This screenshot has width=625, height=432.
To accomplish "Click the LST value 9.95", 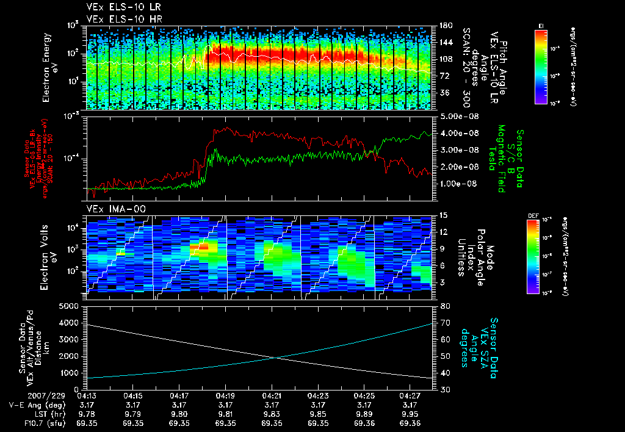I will pos(410,414).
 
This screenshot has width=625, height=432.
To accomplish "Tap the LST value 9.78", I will pos(87,414).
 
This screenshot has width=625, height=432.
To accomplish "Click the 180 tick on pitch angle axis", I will pos(444,26).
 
